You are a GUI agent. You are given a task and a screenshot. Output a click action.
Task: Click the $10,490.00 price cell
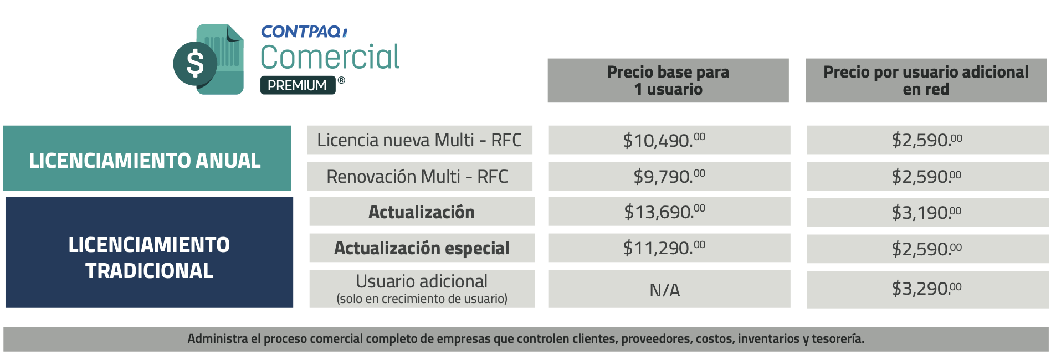[x=669, y=140]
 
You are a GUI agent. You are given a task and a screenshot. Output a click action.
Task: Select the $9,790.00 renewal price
[x=669, y=176]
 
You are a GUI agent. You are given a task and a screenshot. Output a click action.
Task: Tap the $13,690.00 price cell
[x=669, y=212]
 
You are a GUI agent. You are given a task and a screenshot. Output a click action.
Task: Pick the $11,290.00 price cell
[x=669, y=248]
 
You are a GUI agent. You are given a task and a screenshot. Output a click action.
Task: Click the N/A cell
[x=665, y=290]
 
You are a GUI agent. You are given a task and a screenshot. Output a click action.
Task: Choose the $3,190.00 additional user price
[x=927, y=212]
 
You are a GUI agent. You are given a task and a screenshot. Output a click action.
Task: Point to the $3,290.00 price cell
[x=927, y=289]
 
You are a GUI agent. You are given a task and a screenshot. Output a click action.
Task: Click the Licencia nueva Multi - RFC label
[x=419, y=140]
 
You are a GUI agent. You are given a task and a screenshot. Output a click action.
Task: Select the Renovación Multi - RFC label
[x=417, y=176]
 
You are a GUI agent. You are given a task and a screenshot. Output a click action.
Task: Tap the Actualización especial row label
[x=422, y=248]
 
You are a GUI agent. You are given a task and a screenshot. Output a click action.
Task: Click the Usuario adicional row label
[x=422, y=288]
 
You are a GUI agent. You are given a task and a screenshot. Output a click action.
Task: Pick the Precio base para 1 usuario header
[x=668, y=80]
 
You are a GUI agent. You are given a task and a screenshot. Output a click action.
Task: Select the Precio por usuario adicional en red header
[x=926, y=80]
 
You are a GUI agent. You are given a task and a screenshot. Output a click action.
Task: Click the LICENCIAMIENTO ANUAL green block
[x=145, y=160]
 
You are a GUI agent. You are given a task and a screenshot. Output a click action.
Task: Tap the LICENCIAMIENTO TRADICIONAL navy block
[x=149, y=257]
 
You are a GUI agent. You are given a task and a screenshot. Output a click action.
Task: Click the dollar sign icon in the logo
[x=195, y=63]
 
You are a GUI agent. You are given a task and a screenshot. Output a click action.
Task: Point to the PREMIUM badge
[x=298, y=85]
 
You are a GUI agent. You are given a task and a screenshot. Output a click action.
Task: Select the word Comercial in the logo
[x=330, y=57]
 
